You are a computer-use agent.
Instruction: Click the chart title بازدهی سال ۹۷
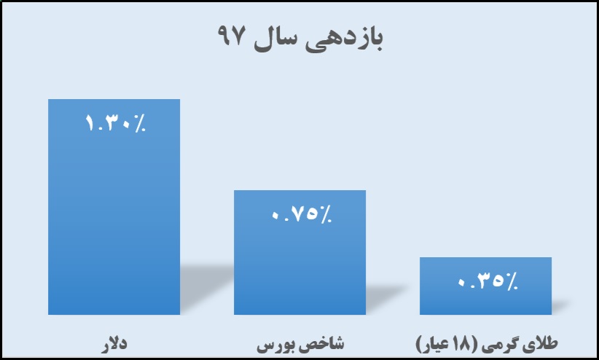[300, 37]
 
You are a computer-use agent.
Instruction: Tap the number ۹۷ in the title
[230, 35]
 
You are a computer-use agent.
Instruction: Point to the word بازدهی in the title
[344, 38]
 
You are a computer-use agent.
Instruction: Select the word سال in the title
[274, 37]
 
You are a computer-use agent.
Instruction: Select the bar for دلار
[114, 207]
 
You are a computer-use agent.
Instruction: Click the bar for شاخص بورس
[300, 252]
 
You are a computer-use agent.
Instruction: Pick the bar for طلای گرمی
[485, 286]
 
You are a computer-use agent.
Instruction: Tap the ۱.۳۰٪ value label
[115, 123]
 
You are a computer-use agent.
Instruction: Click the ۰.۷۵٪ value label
[302, 214]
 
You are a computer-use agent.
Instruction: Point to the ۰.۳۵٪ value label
[488, 281]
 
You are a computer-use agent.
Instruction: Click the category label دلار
[114, 343]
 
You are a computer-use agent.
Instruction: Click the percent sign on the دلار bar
[140, 123]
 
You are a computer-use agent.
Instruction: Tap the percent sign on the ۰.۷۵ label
[326, 214]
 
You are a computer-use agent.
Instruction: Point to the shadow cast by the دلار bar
[206, 286]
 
